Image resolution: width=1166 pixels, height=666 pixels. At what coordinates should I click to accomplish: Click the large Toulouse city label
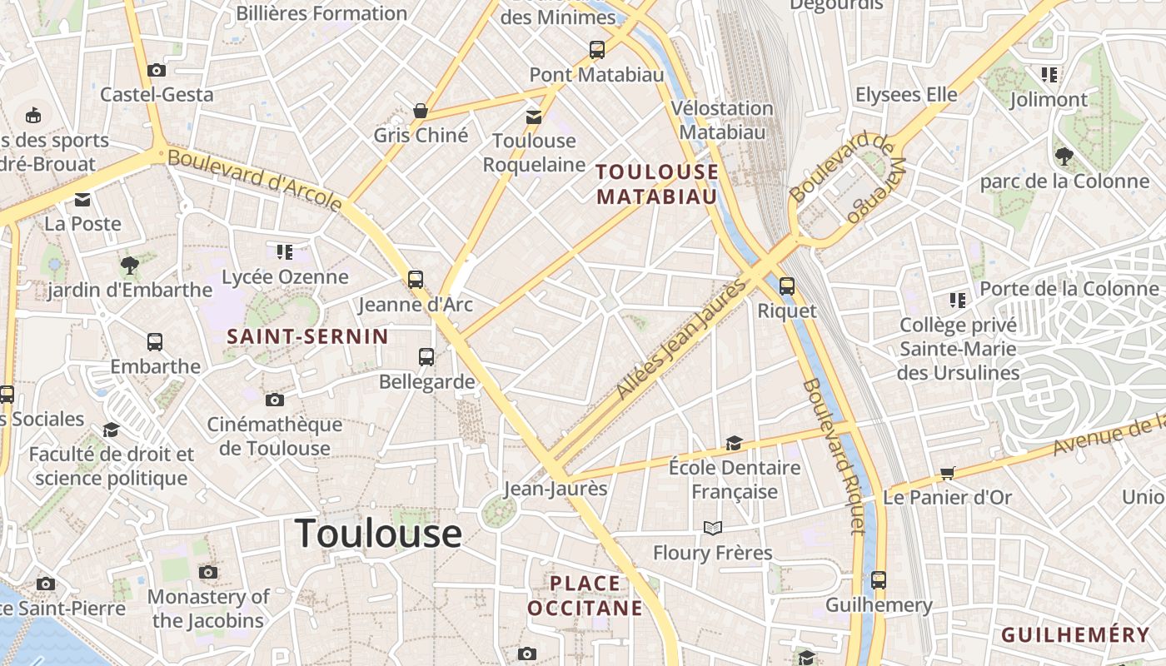[378, 533]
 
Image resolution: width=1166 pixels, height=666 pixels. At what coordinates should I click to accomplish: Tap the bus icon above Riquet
[787, 286]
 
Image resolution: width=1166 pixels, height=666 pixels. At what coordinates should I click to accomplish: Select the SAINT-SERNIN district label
[308, 336]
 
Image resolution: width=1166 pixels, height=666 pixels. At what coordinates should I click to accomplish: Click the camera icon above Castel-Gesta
[156, 71]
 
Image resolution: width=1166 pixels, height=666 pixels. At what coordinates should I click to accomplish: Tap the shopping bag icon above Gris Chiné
[421, 111]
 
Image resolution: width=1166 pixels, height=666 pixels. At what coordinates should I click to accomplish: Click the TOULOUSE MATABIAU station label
[657, 184]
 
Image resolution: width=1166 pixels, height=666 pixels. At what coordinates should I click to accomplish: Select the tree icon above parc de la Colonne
[1064, 156]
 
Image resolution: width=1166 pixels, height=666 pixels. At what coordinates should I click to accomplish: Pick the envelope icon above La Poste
[82, 200]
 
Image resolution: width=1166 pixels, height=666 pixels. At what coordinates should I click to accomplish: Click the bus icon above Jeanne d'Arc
[416, 280]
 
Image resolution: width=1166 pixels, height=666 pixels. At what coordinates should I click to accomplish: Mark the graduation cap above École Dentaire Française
[734, 443]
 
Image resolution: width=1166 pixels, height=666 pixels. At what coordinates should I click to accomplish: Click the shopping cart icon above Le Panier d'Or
[947, 473]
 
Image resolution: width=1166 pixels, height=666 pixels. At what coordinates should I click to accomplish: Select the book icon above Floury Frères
[712, 528]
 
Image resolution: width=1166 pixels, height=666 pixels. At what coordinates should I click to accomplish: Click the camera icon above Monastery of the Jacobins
[208, 572]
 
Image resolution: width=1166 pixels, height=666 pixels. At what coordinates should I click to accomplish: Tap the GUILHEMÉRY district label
[1074, 635]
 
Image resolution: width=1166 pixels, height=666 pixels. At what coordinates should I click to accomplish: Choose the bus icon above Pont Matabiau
[597, 50]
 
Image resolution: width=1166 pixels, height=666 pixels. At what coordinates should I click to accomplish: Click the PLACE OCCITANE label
[585, 595]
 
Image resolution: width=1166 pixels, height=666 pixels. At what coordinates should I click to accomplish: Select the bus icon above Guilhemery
[879, 580]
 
